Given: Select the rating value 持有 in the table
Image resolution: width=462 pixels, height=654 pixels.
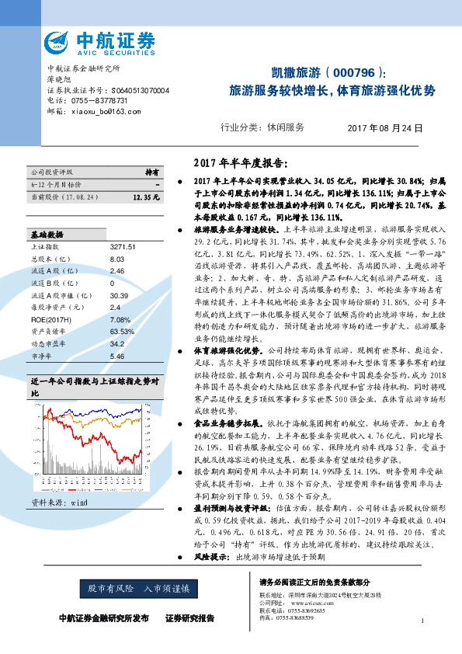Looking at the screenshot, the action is coord(152,172).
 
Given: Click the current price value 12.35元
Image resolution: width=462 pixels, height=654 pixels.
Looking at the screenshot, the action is coord(146,197).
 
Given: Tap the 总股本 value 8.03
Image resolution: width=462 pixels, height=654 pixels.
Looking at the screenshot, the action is coord(117,259).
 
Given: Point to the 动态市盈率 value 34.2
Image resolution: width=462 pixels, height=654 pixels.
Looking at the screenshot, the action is coord(117,343).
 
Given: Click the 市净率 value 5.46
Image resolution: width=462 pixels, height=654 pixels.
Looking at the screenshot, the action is coord(117,356).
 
